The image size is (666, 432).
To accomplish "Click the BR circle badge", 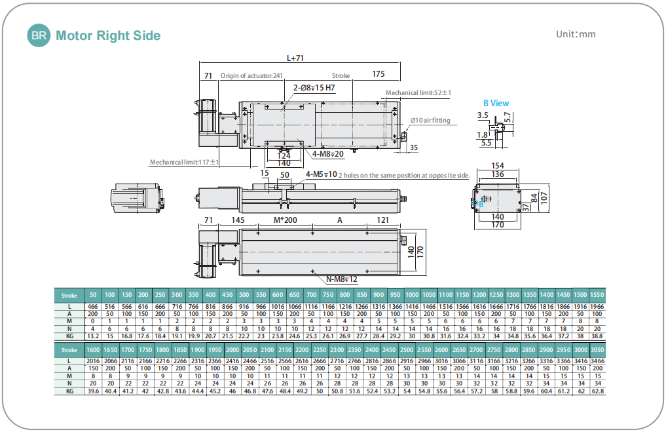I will [38, 35].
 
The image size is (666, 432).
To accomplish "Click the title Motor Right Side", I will [108, 35].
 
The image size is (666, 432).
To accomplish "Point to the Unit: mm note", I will [576, 34].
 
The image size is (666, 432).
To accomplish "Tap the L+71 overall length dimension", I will [295, 58].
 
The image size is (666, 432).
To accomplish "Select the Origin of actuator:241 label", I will [251, 75].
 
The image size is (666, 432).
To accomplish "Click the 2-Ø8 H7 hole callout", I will [314, 87].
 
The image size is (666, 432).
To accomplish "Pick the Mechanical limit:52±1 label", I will [418, 92].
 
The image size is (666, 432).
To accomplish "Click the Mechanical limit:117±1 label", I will [184, 162].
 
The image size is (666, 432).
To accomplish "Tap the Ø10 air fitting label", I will [430, 121].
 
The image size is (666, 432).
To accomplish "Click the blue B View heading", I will [496, 103].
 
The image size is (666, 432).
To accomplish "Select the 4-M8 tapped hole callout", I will [327, 153].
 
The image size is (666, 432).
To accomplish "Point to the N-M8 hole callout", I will [342, 280].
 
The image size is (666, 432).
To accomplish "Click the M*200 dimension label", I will [285, 220].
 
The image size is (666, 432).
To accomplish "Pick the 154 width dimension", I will [497, 166].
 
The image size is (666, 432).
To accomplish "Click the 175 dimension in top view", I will [379, 74].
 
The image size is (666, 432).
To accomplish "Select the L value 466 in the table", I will [92, 307].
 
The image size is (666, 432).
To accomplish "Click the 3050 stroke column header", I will [596, 350].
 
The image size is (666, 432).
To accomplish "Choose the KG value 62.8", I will [596, 391].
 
